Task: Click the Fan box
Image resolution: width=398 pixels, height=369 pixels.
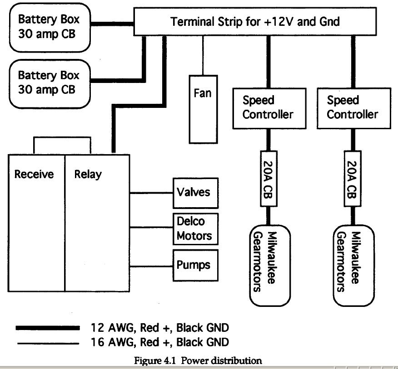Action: click(203, 109)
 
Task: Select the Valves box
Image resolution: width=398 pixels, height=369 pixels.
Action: click(195, 193)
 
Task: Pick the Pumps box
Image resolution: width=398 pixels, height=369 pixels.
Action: click(195, 265)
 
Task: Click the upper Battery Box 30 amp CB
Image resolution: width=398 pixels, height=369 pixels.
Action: click(50, 28)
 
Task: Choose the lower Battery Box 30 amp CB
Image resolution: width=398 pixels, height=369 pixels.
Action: click(50, 84)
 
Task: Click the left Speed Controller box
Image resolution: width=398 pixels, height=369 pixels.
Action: click(269, 108)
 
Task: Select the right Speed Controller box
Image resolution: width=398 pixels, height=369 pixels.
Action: click(354, 108)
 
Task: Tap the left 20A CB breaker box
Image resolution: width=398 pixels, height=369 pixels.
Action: click(269, 179)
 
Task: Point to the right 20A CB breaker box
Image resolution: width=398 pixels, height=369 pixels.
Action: click(353, 179)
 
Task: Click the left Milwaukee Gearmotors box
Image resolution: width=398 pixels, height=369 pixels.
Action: click(270, 266)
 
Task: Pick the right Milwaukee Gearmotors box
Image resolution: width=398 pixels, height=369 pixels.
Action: click(353, 266)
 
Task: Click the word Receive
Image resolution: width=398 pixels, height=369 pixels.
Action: click(34, 174)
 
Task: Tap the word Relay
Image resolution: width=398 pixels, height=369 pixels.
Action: click(88, 175)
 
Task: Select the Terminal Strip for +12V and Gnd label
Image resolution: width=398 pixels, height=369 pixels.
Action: click(255, 21)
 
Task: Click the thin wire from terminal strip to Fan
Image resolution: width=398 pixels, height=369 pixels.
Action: click(203, 55)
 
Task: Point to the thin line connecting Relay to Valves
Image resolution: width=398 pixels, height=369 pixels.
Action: click(151, 193)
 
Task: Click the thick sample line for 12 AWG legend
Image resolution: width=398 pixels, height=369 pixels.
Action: click(48, 328)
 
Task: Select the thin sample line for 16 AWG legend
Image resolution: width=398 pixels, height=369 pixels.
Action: click(48, 344)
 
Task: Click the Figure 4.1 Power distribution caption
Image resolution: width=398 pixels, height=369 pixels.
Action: click(198, 360)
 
